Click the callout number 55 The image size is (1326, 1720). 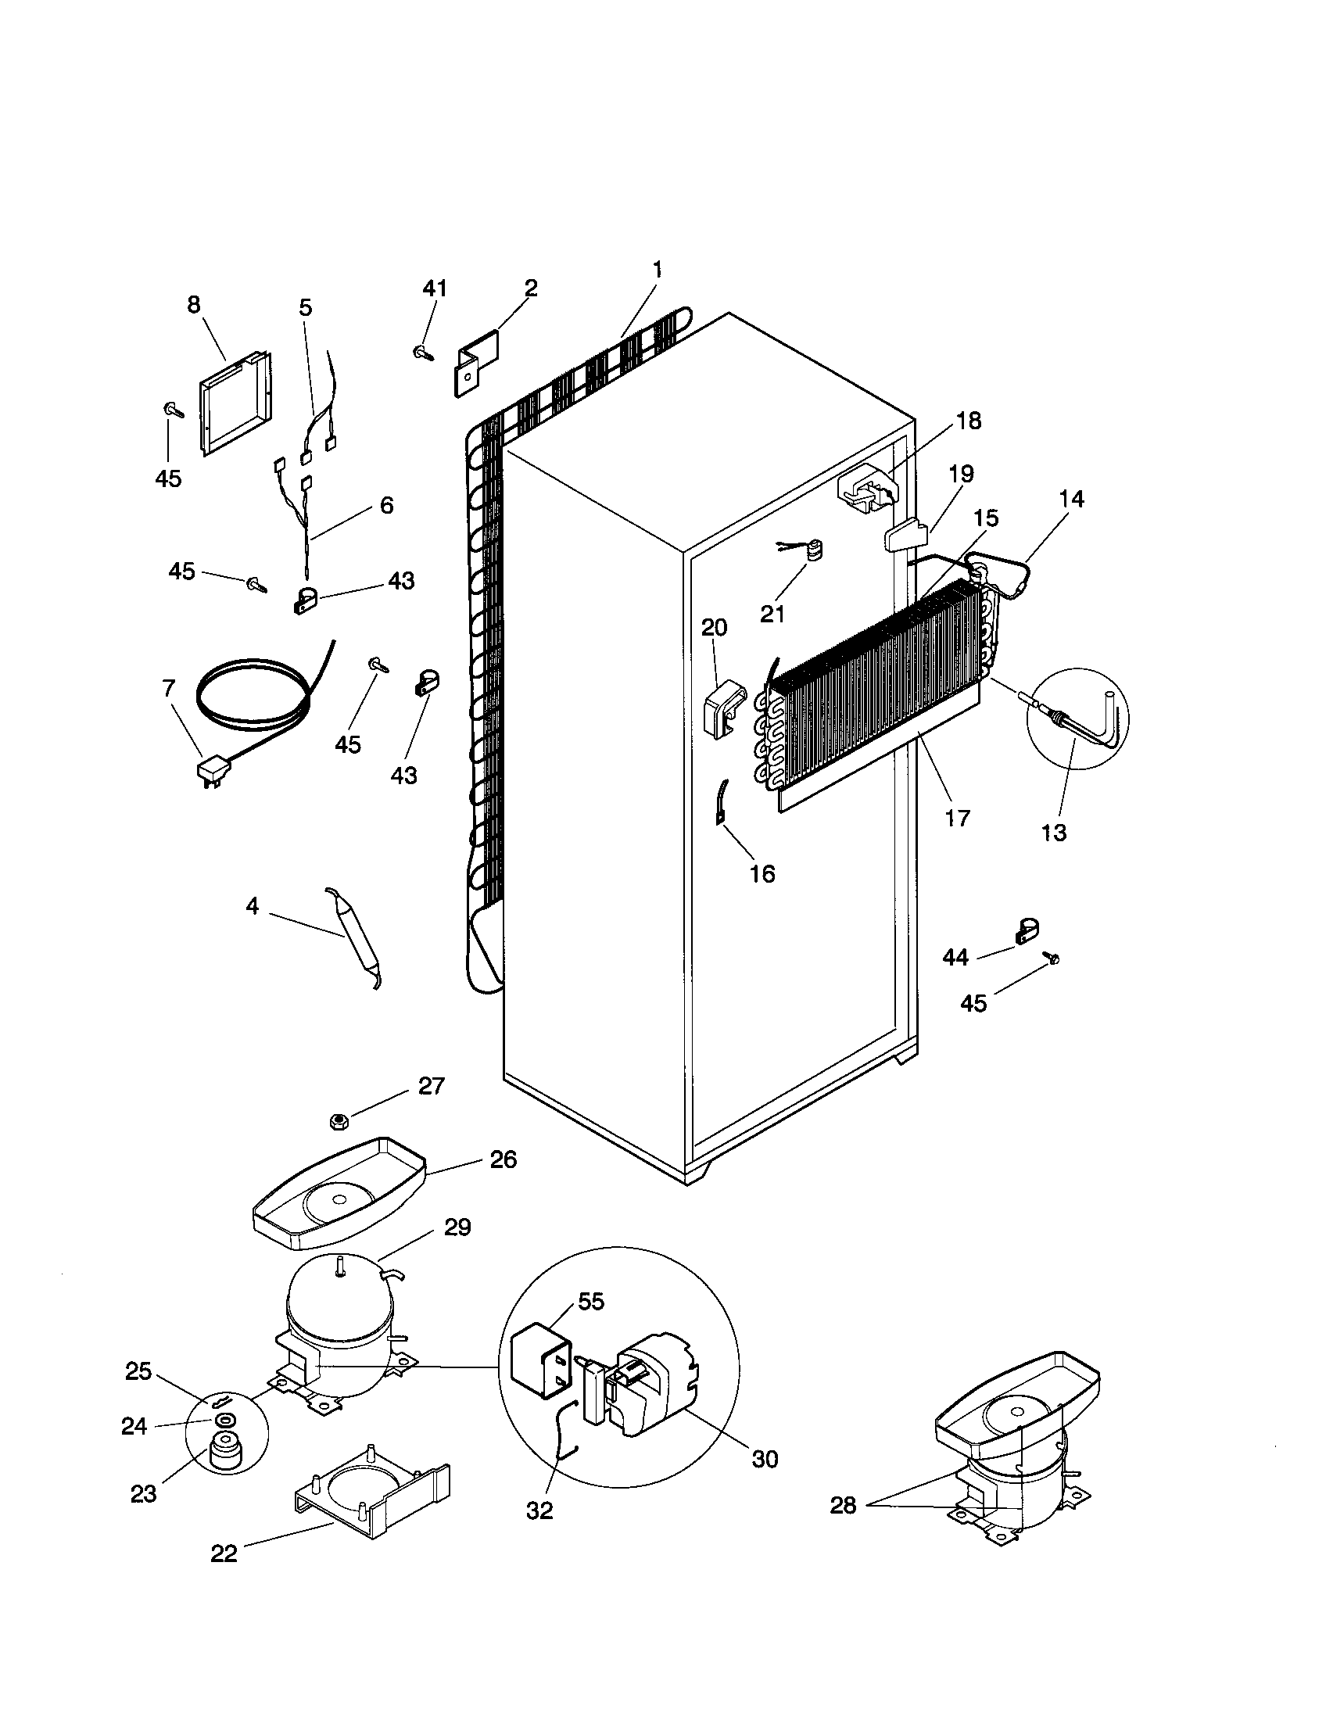pyautogui.click(x=590, y=1302)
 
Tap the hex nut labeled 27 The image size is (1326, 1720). pyautogui.click(x=339, y=1120)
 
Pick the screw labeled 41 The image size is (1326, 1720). pyautogui.click(x=423, y=353)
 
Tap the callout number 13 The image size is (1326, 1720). pyautogui.click(x=1054, y=833)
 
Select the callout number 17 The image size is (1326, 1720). pyautogui.click(x=957, y=819)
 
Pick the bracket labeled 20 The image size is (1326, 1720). pyautogui.click(x=723, y=709)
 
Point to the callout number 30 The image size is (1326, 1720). pyautogui.click(x=764, y=1459)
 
